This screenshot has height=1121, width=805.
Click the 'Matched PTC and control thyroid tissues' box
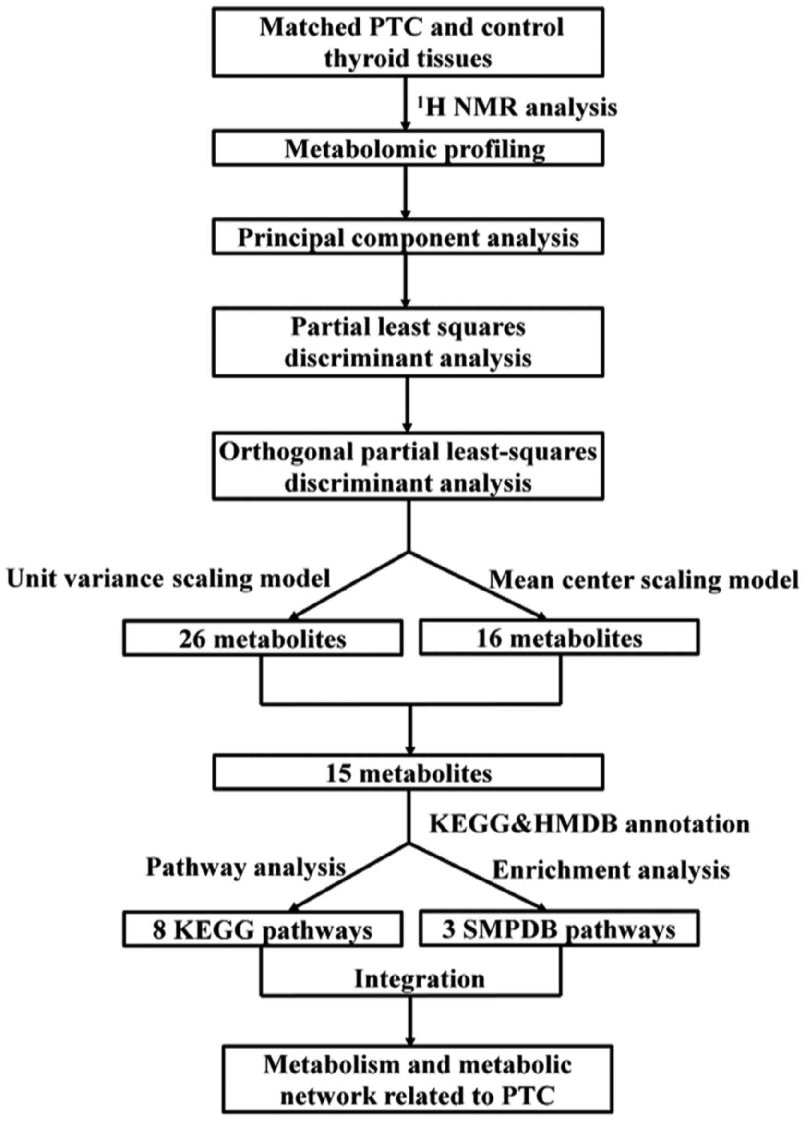408,43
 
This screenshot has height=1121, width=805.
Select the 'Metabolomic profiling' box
408,148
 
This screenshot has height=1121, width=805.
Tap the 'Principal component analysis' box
408,238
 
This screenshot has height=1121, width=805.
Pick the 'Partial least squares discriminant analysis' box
408,342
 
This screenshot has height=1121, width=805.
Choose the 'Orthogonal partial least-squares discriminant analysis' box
408,466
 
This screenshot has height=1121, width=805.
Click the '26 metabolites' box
263,638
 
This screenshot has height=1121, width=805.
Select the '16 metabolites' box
559,638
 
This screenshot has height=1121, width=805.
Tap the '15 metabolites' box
408,773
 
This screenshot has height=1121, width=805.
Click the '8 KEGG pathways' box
263,931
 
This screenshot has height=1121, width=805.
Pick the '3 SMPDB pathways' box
559,931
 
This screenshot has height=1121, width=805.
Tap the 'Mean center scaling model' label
643,580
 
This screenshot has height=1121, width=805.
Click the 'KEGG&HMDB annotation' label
589,823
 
